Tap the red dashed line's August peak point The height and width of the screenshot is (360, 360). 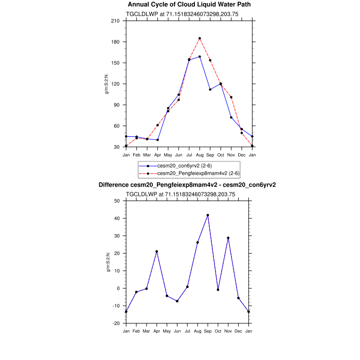click(x=200, y=39)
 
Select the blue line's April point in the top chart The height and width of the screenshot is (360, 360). click(x=157, y=139)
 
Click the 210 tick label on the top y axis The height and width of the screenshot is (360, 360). click(x=116, y=21)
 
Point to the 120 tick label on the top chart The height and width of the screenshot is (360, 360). click(x=116, y=84)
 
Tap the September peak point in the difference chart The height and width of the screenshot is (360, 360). click(x=208, y=215)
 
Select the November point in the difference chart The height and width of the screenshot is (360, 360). click(x=228, y=238)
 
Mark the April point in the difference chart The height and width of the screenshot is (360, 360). click(x=157, y=251)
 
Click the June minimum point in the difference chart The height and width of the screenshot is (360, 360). click(x=177, y=301)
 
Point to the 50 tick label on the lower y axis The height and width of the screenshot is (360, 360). click(x=117, y=201)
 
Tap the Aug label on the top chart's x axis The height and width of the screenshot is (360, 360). click(x=200, y=154)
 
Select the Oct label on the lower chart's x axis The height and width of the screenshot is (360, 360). click(x=218, y=330)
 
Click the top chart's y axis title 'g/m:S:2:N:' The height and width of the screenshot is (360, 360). click(x=106, y=84)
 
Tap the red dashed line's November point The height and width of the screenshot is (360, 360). click(x=231, y=97)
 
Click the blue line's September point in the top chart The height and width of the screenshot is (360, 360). click(x=210, y=89)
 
